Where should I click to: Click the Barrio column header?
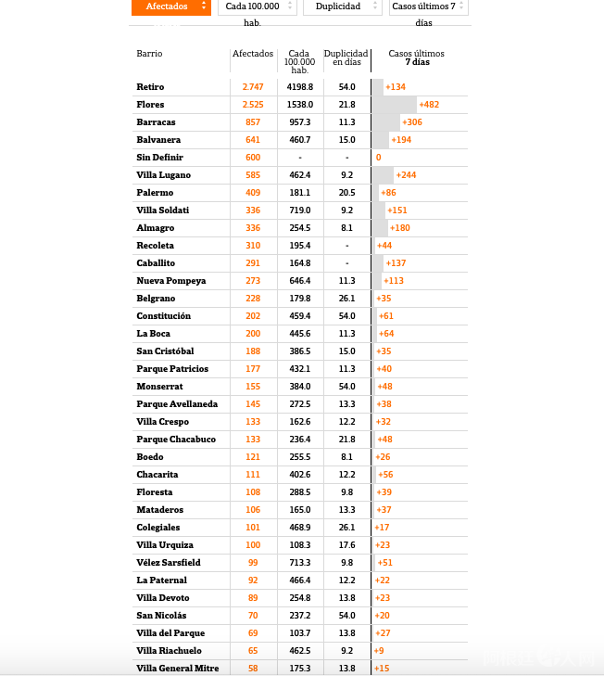coord(149,54)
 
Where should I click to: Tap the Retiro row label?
coord(150,86)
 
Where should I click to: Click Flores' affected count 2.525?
coord(253,104)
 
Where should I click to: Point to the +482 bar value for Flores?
coord(429,105)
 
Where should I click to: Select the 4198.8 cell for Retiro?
coord(299,86)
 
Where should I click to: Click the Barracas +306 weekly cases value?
coord(412,122)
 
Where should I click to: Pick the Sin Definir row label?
coord(159,158)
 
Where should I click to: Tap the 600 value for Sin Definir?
coord(253,158)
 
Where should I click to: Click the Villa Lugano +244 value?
coord(406,175)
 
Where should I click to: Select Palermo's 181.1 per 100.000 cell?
coord(299,193)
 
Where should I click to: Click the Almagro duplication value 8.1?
coord(346,228)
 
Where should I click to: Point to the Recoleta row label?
coord(156,246)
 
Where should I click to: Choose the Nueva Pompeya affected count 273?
coord(253,281)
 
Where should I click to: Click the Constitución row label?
coord(164,316)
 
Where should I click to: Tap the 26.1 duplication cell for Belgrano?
coord(346,299)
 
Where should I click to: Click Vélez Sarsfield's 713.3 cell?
coord(299,563)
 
